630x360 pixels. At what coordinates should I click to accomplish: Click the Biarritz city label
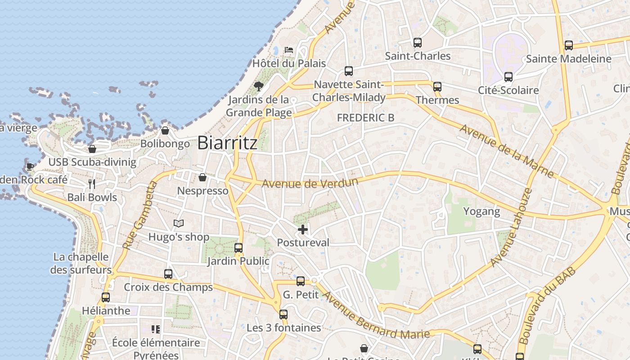(x=227, y=143)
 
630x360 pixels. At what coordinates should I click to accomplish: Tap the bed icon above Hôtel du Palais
(x=289, y=49)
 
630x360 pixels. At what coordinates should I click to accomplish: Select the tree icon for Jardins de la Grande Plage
(x=258, y=86)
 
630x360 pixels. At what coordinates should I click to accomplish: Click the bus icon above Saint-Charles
(x=418, y=43)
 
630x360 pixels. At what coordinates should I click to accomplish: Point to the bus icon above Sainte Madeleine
(x=569, y=45)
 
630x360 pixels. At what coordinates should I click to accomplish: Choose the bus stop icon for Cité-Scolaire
(x=508, y=77)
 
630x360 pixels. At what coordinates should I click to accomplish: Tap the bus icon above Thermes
(x=437, y=87)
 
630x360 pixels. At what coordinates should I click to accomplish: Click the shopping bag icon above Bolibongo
(x=165, y=130)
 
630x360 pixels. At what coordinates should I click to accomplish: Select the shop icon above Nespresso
(x=202, y=177)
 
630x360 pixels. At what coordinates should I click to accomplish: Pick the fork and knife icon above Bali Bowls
(x=92, y=184)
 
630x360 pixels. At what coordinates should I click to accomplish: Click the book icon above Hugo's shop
(x=179, y=223)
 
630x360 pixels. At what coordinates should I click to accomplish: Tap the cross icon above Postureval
(x=303, y=229)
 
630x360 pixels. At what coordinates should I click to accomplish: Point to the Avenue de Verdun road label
(x=310, y=183)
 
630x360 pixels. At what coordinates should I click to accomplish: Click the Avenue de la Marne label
(x=506, y=150)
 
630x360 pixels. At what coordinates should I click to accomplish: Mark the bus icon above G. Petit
(x=301, y=281)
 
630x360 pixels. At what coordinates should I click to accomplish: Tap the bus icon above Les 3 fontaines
(x=283, y=315)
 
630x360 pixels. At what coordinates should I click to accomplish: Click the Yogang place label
(x=481, y=211)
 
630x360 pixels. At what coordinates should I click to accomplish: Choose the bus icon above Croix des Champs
(x=168, y=274)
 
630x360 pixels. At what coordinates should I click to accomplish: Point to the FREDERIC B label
(x=365, y=118)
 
